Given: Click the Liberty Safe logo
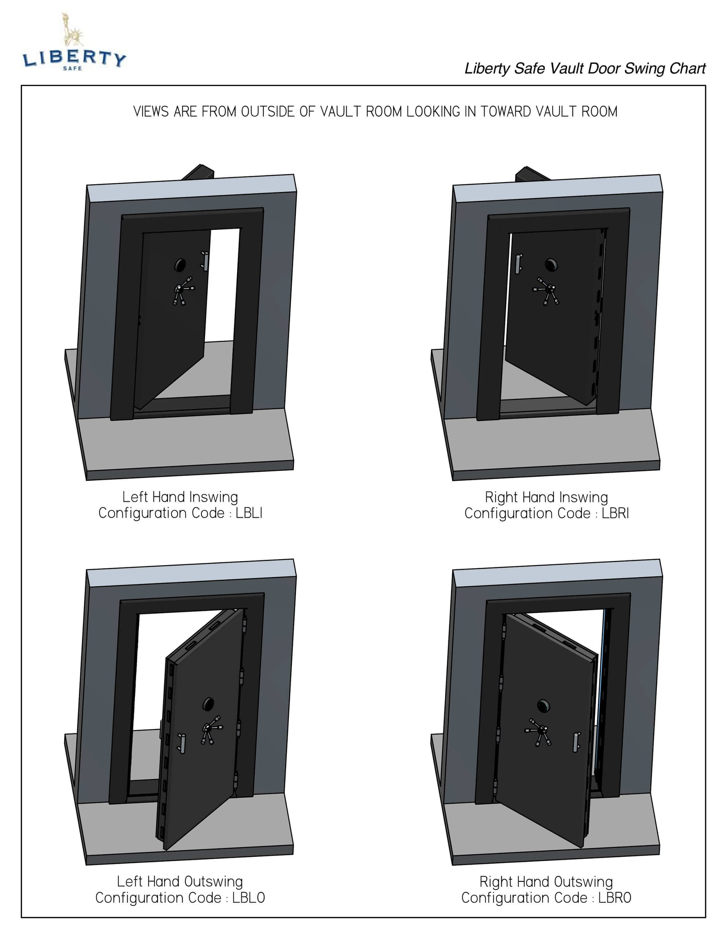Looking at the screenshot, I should [74, 43].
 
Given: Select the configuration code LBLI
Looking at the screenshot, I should [249, 513].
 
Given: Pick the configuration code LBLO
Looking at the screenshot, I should [249, 898].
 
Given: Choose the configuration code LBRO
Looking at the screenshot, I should [615, 898].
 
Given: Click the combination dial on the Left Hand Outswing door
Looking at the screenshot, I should [208, 705].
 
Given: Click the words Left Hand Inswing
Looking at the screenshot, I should [180, 497].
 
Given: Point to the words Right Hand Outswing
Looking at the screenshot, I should [546, 882].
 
